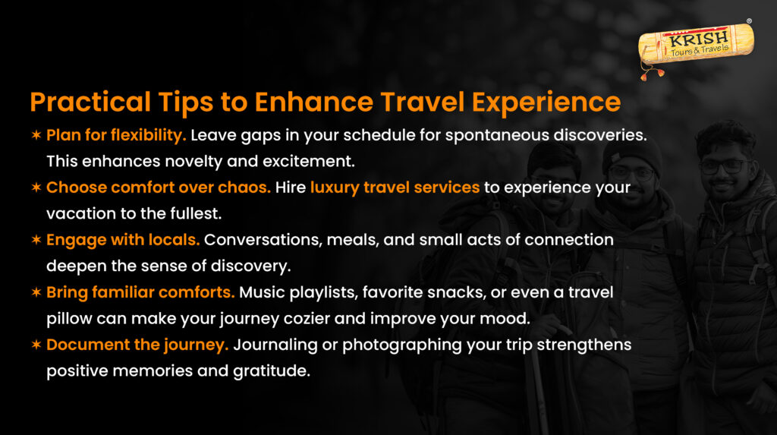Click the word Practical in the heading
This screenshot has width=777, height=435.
90,102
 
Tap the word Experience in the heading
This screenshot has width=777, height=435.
546,102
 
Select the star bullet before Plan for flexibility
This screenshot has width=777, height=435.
36,135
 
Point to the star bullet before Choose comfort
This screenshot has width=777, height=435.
36,188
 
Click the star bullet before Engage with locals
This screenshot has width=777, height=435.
36,240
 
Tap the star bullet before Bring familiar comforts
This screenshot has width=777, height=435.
36,292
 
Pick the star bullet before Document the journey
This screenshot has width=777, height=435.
36,345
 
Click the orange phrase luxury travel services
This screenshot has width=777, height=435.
395,188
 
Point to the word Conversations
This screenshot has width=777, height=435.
263,240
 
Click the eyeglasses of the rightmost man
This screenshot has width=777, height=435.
725,166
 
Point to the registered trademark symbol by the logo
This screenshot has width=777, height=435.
749,21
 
